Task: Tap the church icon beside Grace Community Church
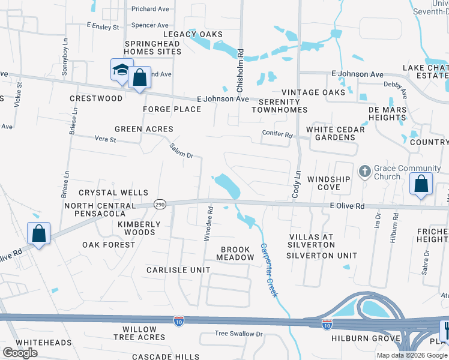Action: pyautogui.click(x=364, y=172)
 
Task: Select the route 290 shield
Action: pyautogui.click(x=159, y=205)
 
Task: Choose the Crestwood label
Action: pyautogui.click(x=96, y=98)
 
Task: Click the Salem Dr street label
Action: pyautogui.click(x=181, y=151)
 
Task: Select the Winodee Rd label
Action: pyautogui.click(x=208, y=224)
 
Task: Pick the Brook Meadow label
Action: pyautogui.click(x=237, y=253)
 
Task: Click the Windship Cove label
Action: pyautogui.click(x=328, y=183)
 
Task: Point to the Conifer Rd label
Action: pyautogui.click(x=277, y=134)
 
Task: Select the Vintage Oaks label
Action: pyautogui.click(x=313, y=92)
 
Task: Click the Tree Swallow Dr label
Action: pyautogui.click(x=239, y=334)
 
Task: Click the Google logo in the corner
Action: pyautogui.click(x=20, y=353)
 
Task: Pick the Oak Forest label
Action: pyautogui.click(x=109, y=245)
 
